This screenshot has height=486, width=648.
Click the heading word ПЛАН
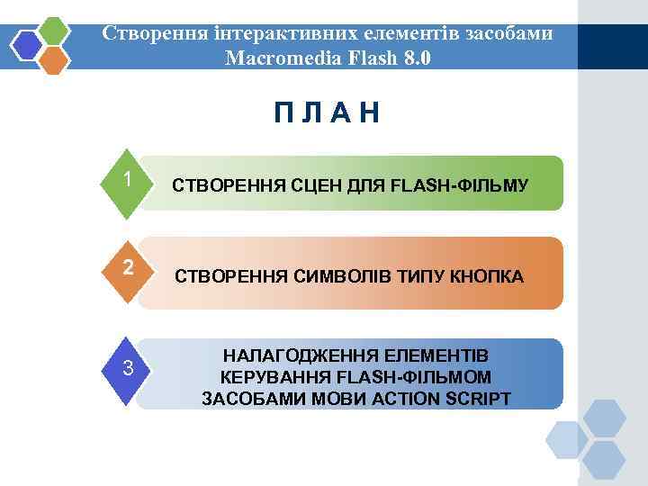(x=328, y=114)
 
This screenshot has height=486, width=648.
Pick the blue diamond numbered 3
(x=130, y=368)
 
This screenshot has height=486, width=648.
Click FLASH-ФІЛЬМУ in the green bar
(x=461, y=186)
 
